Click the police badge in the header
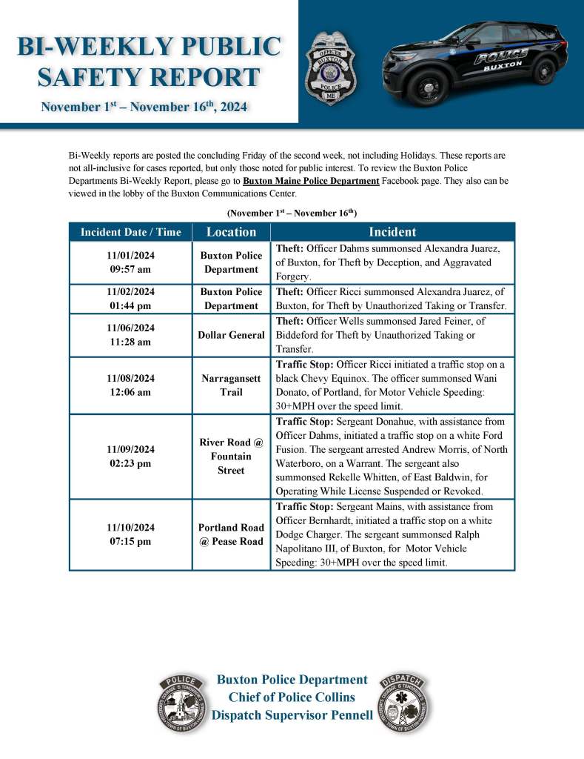(330, 67)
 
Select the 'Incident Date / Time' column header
(130, 232)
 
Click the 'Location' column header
(231, 232)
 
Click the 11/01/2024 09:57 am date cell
(130, 262)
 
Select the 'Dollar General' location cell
(231, 335)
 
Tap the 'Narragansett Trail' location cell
(231, 385)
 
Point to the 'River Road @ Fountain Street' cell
(231, 457)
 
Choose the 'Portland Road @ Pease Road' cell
(231, 534)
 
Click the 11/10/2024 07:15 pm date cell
(130, 534)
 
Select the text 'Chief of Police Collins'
(292, 697)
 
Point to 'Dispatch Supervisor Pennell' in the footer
(292, 715)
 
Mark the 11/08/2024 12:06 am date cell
(130, 385)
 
